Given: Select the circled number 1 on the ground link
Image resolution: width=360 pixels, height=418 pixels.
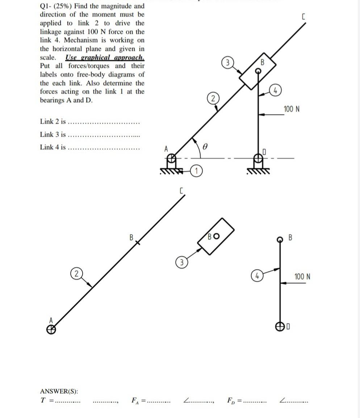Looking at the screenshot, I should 196,171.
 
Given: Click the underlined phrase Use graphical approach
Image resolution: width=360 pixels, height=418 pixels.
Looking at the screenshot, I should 105,57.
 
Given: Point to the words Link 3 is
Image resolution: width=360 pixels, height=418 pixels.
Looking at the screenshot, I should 53,134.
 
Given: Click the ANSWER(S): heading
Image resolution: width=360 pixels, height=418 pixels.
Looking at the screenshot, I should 59,391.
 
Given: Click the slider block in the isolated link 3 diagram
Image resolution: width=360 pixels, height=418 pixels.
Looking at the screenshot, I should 217,236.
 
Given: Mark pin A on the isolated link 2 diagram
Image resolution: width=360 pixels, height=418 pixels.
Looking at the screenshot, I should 52,329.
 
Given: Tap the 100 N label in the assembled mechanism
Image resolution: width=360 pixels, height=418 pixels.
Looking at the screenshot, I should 292,109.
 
